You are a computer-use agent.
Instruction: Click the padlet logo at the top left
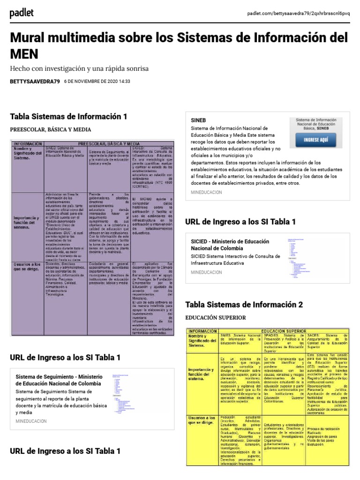tap(22, 14)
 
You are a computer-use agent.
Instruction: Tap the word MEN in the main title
tap(25, 53)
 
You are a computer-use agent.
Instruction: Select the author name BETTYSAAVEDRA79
tap(35, 81)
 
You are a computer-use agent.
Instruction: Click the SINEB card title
tap(198, 120)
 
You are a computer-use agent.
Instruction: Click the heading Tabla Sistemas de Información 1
tap(68, 116)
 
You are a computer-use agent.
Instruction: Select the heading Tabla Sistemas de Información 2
tap(244, 304)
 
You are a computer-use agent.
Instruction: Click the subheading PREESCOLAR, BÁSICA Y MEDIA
tap(51, 129)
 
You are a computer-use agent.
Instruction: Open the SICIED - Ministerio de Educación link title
tap(230, 245)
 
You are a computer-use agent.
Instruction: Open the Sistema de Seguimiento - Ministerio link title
tap(59, 380)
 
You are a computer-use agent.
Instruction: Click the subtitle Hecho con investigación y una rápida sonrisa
tap(79, 68)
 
